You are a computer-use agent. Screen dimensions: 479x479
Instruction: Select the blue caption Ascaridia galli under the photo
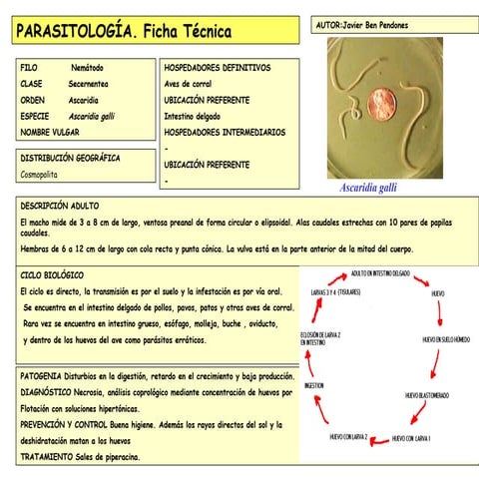[x=367, y=187]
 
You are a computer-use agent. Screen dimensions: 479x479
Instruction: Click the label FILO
[x=29, y=67]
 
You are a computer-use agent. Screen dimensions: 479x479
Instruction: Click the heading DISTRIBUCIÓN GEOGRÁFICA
[x=70, y=158]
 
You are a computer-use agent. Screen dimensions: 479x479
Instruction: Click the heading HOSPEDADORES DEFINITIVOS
[x=217, y=67]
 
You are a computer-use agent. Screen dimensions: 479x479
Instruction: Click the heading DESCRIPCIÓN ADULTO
[x=59, y=205]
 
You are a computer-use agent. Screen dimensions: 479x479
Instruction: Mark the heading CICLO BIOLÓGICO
[x=52, y=273]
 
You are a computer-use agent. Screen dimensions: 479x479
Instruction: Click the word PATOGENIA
[x=43, y=376]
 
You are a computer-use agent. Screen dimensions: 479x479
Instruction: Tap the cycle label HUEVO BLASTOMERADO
[x=430, y=395]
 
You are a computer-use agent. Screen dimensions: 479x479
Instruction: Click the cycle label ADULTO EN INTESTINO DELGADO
[x=380, y=272]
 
